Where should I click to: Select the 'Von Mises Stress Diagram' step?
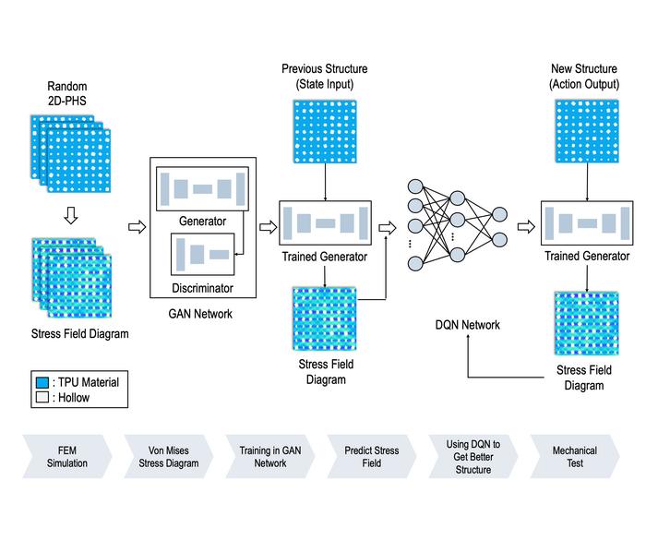pyautogui.click(x=169, y=457)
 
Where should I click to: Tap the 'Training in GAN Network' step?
pyautogui.click(x=270, y=457)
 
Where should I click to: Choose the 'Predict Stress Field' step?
pyautogui.click(x=372, y=457)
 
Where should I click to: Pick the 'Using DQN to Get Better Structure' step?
pyautogui.click(x=473, y=457)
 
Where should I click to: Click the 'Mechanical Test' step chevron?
pyautogui.click(x=574, y=457)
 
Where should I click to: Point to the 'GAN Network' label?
pyautogui.click(x=200, y=314)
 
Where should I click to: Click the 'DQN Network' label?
pyautogui.click(x=468, y=325)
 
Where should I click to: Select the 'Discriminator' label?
pyautogui.click(x=202, y=288)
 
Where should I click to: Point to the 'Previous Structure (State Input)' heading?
pyautogui.click(x=324, y=77)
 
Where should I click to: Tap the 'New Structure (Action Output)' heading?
pyautogui.click(x=584, y=77)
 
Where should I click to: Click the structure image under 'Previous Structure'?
pyautogui.click(x=325, y=139)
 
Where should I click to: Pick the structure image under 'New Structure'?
pyautogui.click(x=585, y=139)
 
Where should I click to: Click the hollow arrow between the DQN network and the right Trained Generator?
pyautogui.click(x=526, y=223)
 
